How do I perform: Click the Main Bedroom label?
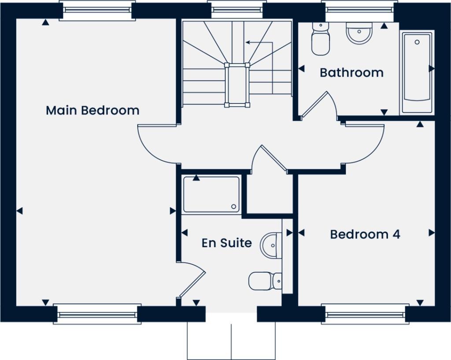(92, 110)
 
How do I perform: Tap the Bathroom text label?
(351, 72)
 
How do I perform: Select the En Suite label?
(226, 243)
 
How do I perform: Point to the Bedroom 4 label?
(365, 234)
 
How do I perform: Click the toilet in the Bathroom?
(320, 39)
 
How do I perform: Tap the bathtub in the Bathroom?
(416, 70)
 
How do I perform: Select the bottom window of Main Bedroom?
(97, 314)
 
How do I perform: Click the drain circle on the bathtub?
(417, 42)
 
